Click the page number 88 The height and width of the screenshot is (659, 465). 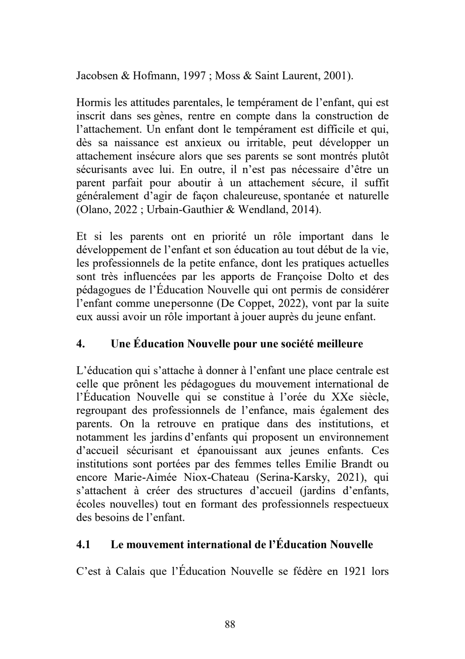point(230,624)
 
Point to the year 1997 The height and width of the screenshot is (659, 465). point(192,76)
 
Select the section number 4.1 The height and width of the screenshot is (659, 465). point(83,545)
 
